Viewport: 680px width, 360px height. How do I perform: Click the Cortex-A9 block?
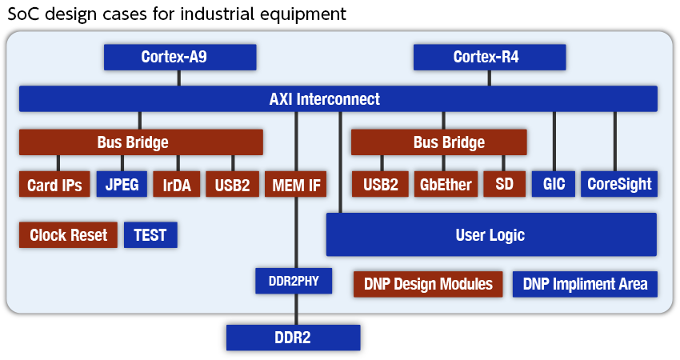(x=180, y=57)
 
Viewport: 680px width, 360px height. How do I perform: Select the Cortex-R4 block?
(x=490, y=57)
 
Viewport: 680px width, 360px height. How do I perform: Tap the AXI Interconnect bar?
(x=338, y=99)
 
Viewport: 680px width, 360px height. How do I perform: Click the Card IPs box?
(x=54, y=185)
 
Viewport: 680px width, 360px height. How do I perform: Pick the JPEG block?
(x=122, y=185)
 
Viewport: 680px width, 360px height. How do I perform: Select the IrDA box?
(x=176, y=185)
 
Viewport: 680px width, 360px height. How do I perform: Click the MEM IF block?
(x=296, y=185)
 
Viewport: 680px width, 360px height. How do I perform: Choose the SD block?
(x=504, y=185)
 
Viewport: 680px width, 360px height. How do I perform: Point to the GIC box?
(x=554, y=185)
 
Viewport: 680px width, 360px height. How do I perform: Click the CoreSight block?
(x=619, y=185)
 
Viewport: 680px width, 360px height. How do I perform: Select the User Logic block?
(x=490, y=234)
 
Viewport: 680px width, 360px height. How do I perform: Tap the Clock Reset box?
(x=69, y=235)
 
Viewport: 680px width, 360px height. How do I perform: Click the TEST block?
(x=150, y=235)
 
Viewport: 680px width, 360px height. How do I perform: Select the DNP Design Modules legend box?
(x=428, y=284)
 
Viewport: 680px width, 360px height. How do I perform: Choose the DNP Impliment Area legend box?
(x=585, y=284)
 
